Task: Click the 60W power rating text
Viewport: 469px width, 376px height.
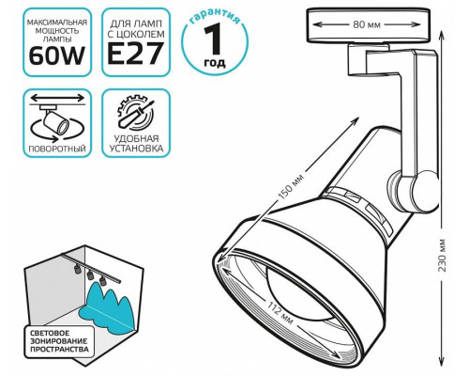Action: point(57,56)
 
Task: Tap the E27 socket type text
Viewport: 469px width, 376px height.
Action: point(136,54)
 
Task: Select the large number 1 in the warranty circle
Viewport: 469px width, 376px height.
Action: point(214,39)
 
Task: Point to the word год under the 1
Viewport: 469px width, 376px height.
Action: point(215,63)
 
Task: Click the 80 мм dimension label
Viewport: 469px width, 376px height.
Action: point(367,24)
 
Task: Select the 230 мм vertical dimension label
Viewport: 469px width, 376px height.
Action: point(443,256)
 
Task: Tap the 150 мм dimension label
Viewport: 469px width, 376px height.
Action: point(291,187)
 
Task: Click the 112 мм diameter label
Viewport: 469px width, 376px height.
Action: point(280,312)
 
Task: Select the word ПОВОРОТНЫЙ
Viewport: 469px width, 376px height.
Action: point(57,149)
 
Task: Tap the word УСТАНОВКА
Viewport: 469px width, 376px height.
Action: point(136,149)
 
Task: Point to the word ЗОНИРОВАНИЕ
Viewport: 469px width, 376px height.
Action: point(59,340)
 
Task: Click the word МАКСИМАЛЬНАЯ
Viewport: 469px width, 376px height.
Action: point(57,23)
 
